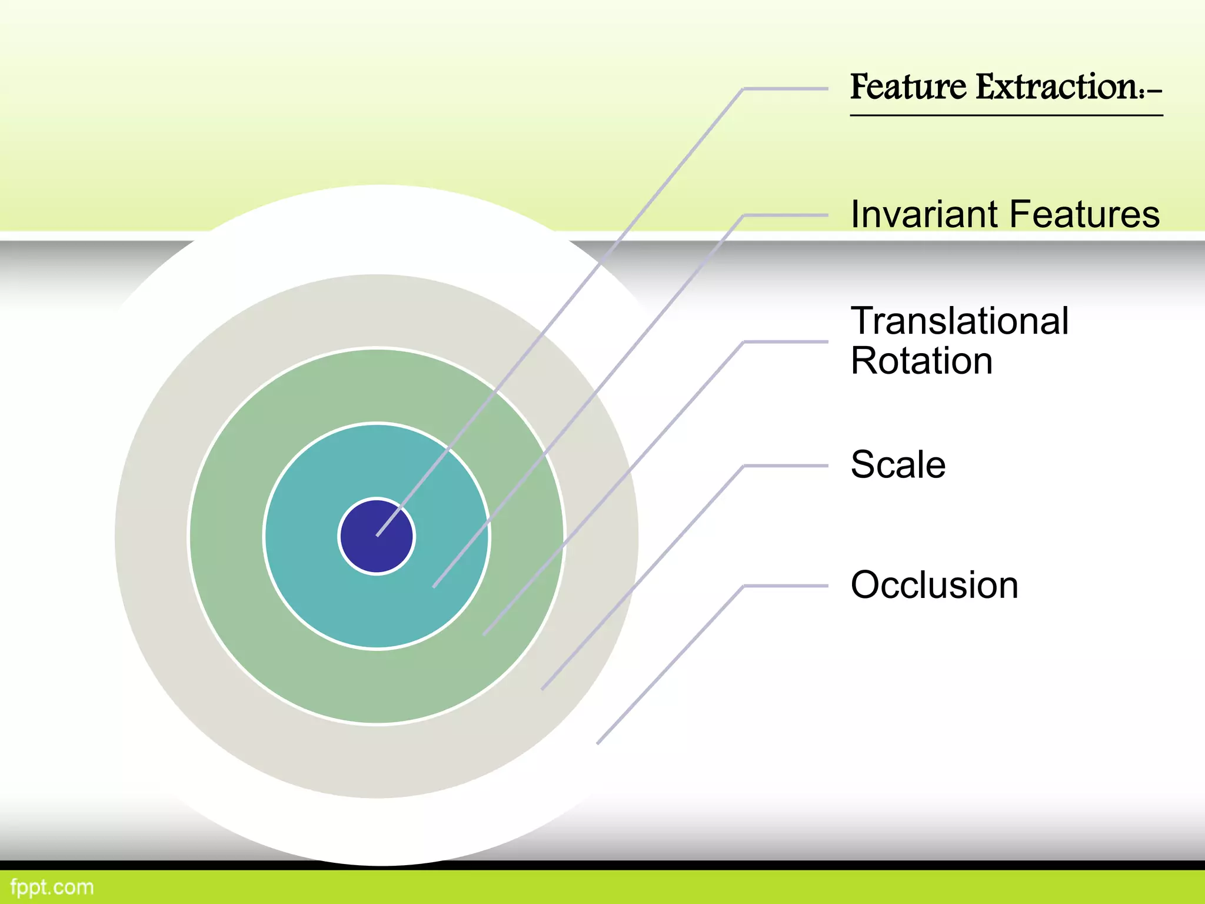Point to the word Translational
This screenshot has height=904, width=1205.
point(959,321)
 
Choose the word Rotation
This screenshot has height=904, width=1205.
point(921,361)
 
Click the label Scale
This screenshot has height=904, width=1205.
point(898,465)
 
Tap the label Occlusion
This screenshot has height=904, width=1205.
point(934,585)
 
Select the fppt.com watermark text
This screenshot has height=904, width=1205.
point(52,887)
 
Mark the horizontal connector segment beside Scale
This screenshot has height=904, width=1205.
point(786,466)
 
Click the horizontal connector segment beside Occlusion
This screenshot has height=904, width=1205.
point(786,586)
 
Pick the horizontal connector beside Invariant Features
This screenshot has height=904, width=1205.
point(786,215)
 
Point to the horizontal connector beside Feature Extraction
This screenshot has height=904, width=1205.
point(786,89)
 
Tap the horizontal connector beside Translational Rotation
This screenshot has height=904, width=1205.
point(786,341)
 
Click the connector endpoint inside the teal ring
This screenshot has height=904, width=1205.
point(434,586)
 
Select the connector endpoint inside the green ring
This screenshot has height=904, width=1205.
point(484,634)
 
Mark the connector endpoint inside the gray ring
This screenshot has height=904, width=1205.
point(542,688)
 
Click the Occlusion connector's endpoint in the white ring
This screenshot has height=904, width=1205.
point(598,743)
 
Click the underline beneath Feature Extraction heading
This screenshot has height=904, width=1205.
point(1006,115)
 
